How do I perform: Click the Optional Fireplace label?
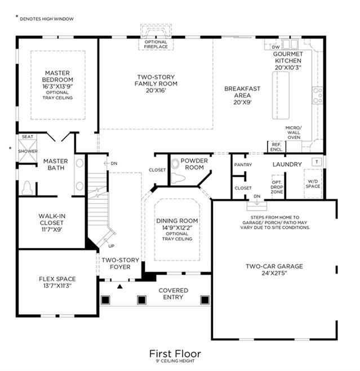pos(156,44)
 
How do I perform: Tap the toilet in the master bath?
pos(27,188)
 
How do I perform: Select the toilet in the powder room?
pos(178,178)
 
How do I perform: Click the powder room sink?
pos(175,164)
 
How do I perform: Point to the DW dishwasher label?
pos(275,47)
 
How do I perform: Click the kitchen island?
pos(281,95)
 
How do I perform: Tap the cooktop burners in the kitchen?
pos(318,95)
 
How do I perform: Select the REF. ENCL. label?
pos(277,147)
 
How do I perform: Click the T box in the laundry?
pos(317,162)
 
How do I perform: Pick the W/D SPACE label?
pos(313,184)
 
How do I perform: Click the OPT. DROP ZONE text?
pos(277,187)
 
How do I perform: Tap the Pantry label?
pos(243,165)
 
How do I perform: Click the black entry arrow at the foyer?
pos(120,287)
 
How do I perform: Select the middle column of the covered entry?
pos(141,300)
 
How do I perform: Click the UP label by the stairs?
pos(112,246)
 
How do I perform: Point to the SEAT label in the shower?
pos(28,137)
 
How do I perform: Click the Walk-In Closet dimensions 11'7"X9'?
pos(52,230)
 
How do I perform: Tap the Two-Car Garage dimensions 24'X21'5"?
pos(274,273)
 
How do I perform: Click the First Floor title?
pos(175,354)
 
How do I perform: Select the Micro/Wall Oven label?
pos(294,132)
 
